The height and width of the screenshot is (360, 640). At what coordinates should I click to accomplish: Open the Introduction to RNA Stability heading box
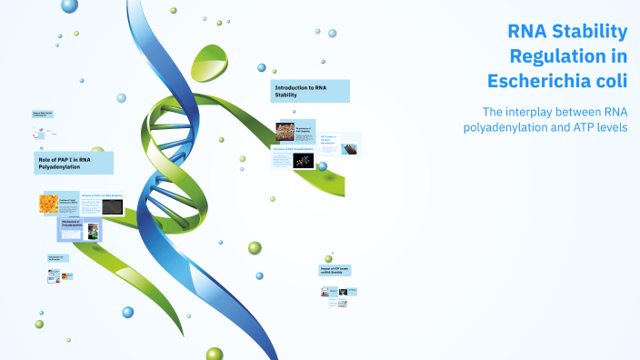pos(310,91)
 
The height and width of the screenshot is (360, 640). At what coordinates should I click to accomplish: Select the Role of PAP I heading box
pos(75,163)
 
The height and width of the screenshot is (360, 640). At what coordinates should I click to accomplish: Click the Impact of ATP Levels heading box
pos(337,270)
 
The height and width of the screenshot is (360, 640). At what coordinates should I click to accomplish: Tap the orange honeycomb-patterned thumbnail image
pos(48,204)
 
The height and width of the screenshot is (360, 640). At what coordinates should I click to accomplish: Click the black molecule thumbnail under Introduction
pos(303,161)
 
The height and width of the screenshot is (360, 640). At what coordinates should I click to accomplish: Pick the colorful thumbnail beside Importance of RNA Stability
pos(285,132)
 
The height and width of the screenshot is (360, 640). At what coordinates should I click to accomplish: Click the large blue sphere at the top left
pos(70,6)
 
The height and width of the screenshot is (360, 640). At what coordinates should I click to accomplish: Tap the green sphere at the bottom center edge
pos(215,354)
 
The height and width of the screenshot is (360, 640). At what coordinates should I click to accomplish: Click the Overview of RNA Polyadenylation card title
pos(294,149)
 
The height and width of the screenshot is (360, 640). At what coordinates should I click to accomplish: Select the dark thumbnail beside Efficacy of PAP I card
pos(112,206)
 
